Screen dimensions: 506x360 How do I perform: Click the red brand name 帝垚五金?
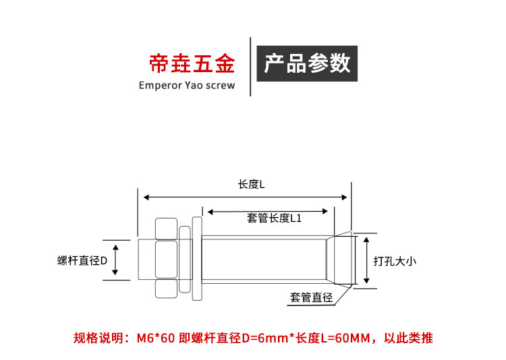pos(192,63)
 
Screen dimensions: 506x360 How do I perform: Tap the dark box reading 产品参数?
pos(307,63)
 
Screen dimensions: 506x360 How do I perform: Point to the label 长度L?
pos(252,185)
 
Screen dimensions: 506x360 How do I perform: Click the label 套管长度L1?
pos(275,218)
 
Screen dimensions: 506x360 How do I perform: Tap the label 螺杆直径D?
pos(82,260)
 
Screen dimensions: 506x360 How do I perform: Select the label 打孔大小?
pos(395,261)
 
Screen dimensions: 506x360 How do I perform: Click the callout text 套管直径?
pos(311,297)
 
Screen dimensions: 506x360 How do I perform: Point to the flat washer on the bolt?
pos(197,259)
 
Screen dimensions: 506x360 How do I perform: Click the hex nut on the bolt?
pos(166,258)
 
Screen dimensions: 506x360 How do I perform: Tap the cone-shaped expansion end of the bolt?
pos(341,260)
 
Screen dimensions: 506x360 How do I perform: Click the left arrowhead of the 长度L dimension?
pos(146,197)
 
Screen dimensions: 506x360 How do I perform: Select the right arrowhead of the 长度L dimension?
pos(344,197)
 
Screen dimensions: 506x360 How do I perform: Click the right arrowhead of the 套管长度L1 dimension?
pos(325,212)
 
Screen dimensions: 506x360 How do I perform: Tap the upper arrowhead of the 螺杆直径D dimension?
pos(115,247)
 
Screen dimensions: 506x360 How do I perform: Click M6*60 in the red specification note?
pos(156,338)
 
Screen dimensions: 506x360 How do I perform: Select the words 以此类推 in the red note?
pos(408,338)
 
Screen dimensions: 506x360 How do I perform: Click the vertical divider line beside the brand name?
pos(250,67)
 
